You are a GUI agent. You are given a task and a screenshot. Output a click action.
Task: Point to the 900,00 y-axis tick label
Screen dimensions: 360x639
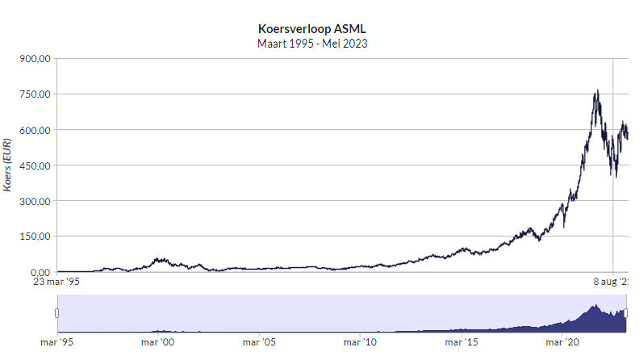point(35,59)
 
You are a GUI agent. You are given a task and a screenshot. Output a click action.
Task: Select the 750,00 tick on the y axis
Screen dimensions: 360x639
point(35,94)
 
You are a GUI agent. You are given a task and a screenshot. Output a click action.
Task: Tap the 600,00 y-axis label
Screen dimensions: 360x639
point(35,130)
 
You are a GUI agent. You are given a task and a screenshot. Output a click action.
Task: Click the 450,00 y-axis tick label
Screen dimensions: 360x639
point(35,165)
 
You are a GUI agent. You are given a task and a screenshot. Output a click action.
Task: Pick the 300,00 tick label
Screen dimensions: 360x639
point(35,201)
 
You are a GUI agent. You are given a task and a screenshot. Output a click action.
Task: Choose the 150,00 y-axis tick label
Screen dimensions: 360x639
point(35,237)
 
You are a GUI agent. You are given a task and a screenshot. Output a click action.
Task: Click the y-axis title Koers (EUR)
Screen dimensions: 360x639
point(8,165)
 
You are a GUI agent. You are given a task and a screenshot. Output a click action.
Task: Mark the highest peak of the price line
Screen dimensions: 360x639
point(596,90)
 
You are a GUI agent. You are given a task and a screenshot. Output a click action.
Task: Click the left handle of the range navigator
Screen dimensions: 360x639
point(57,313)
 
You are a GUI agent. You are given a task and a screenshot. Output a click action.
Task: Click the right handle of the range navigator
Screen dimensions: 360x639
point(627,313)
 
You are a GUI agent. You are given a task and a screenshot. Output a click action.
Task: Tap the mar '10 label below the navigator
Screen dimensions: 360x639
point(360,342)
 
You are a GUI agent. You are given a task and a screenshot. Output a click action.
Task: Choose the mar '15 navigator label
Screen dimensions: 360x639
point(461,342)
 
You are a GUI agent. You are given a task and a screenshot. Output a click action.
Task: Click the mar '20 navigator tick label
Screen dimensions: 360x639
point(562,342)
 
